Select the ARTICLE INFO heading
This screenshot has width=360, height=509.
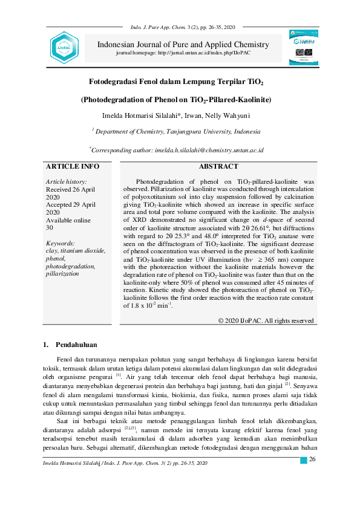point(73,166)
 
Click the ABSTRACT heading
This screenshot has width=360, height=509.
point(218,166)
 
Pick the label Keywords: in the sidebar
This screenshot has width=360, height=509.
point(61,243)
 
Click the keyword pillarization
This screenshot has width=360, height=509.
point(62,274)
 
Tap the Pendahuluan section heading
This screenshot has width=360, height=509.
point(76,345)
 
